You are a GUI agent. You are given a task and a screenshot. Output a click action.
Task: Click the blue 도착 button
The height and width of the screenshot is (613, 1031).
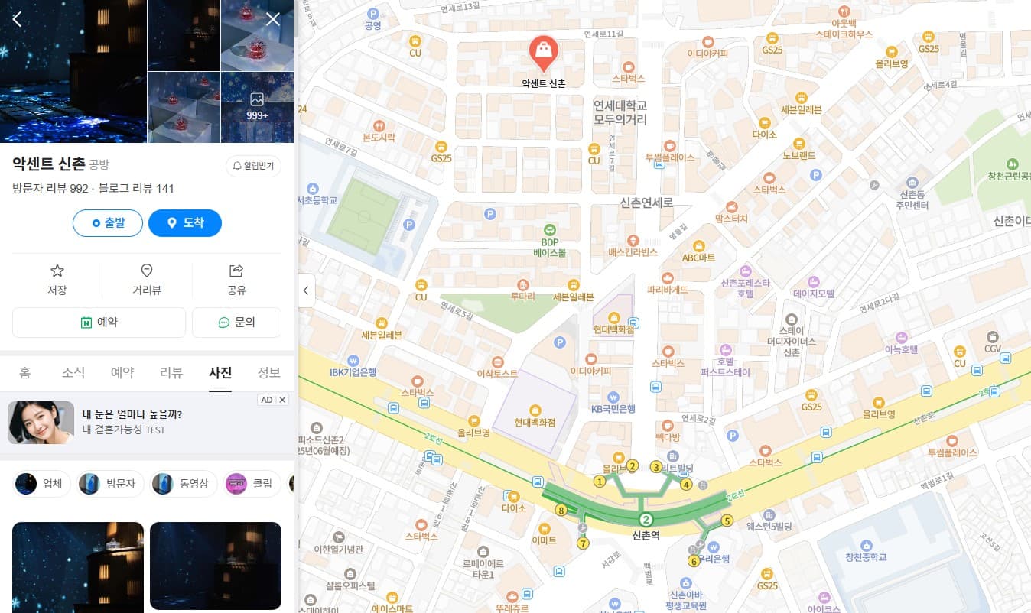coord(185,223)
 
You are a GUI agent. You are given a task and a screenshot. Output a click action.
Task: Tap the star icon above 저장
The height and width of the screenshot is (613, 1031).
coord(57,271)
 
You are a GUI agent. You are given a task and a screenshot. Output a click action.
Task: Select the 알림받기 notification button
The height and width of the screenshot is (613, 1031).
coord(253,166)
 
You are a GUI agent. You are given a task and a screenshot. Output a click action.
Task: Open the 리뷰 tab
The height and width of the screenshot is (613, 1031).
coord(171,373)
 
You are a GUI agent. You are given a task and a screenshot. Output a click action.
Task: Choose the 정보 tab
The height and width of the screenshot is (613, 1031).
coord(268,373)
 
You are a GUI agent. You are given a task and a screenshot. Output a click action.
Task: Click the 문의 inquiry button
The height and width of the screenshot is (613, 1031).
coord(236,323)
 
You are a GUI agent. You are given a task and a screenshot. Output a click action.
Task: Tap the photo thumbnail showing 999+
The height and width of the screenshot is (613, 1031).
coord(257,107)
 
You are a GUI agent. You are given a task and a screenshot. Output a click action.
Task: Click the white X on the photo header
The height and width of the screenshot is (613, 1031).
coord(273,19)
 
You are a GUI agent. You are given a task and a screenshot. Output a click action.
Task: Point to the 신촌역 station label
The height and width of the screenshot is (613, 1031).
coord(646,536)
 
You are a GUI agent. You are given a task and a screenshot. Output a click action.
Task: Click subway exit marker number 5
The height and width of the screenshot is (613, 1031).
coord(727,521)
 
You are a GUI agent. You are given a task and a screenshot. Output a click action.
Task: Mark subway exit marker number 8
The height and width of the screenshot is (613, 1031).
coord(561,511)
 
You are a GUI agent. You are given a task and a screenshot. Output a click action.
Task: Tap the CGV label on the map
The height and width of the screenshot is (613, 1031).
coord(992,349)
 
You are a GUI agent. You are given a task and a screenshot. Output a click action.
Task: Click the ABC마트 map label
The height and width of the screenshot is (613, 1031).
coord(698,258)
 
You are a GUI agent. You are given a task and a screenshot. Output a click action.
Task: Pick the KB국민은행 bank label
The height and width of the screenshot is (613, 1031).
coord(613,408)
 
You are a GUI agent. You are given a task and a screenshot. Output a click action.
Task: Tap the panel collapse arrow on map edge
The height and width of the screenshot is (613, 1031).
coord(306,290)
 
